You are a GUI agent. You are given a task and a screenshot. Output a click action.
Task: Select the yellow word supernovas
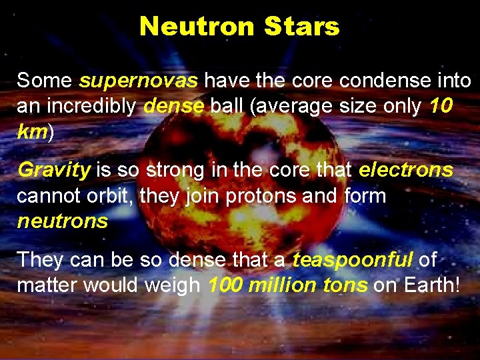pyautogui.click(x=138, y=81)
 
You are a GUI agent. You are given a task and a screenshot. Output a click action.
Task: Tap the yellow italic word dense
pyautogui.click(x=173, y=106)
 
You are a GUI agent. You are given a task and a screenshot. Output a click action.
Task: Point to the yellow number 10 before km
pyautogui.click(x=441, y=106)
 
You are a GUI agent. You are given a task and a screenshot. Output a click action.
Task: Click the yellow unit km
pyautogui.click(x=31, y=131)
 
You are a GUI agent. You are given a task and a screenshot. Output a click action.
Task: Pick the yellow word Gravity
pyautogui.click(x=54, y=170)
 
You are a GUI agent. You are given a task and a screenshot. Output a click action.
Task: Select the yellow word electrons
pyautogui.click(x=405, y=170)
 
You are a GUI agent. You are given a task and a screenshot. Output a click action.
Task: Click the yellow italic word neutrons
pyautogui.click(x=63, y=221)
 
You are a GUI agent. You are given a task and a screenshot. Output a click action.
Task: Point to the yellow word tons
pyautogui.click(x=345, y=285)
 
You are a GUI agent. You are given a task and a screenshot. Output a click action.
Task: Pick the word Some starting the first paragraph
pyautogui.click(x=45, y=81)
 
